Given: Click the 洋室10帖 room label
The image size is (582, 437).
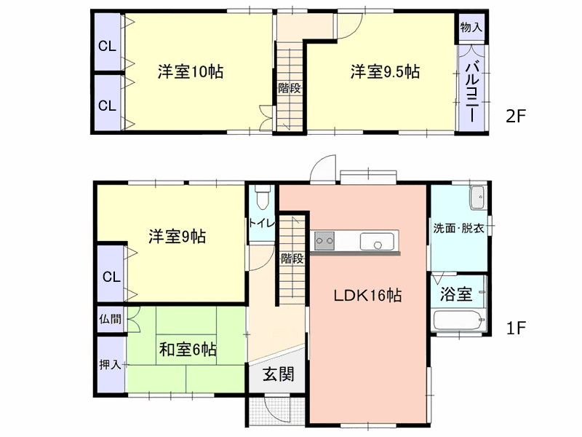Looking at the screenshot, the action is (x=191, y=71).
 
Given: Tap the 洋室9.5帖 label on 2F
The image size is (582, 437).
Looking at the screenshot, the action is (x=385, y=71).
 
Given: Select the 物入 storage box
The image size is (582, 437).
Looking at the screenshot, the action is (x=471, y=28).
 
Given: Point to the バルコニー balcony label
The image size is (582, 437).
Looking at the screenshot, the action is (x=471, y=92).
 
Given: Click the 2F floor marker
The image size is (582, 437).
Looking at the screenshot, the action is (x=516, y=117).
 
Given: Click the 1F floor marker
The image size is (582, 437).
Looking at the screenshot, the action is (x=517, y=328).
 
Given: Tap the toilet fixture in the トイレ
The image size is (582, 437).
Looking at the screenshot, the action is (x=263, y=197).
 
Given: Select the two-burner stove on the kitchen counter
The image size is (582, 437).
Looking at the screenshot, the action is (x=324, y=241).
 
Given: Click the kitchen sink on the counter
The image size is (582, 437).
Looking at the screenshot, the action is (x=377, y=242).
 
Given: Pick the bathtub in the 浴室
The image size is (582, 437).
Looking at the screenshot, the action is (x=460, y=320).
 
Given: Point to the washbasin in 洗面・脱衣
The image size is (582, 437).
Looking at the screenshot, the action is (x=477, y=197).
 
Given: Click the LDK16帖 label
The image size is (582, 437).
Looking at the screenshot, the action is (x=367, y=296).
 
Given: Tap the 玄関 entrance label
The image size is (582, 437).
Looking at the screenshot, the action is (x=279, y=374).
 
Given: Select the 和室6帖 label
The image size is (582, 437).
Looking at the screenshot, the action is (x=188, y=350).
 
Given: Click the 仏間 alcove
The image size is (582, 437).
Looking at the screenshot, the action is (x=111, y=319).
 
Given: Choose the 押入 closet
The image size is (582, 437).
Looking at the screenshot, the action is (x=111, y=365).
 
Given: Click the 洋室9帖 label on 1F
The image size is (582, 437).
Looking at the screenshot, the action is (x=178, y=237).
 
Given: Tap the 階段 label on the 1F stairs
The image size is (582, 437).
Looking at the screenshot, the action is (x=292, y=259).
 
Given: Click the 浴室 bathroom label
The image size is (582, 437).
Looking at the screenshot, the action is (x=456, y=294).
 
